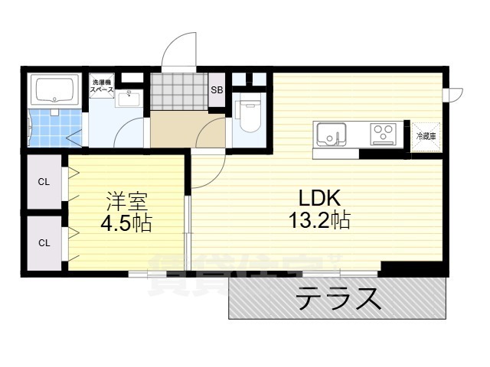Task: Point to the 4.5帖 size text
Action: pos(127,224)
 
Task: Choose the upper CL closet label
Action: pos(44,182)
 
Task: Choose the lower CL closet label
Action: pos(44,243)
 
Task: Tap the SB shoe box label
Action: pos(217,89)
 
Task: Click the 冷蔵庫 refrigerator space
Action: pos(426,136)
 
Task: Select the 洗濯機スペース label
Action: pos(102,86)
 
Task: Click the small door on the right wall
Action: pos(455,94)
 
